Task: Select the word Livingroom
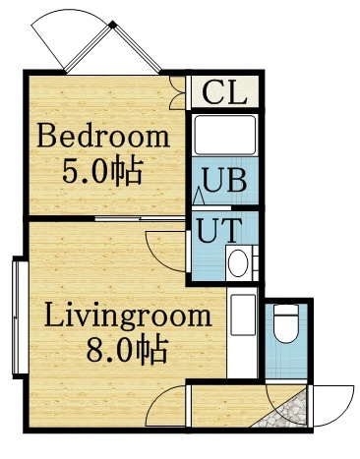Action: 128,316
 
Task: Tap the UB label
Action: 224,183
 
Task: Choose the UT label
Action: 218,234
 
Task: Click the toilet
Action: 286,324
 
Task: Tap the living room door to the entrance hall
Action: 172,403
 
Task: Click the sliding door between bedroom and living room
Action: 138,217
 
